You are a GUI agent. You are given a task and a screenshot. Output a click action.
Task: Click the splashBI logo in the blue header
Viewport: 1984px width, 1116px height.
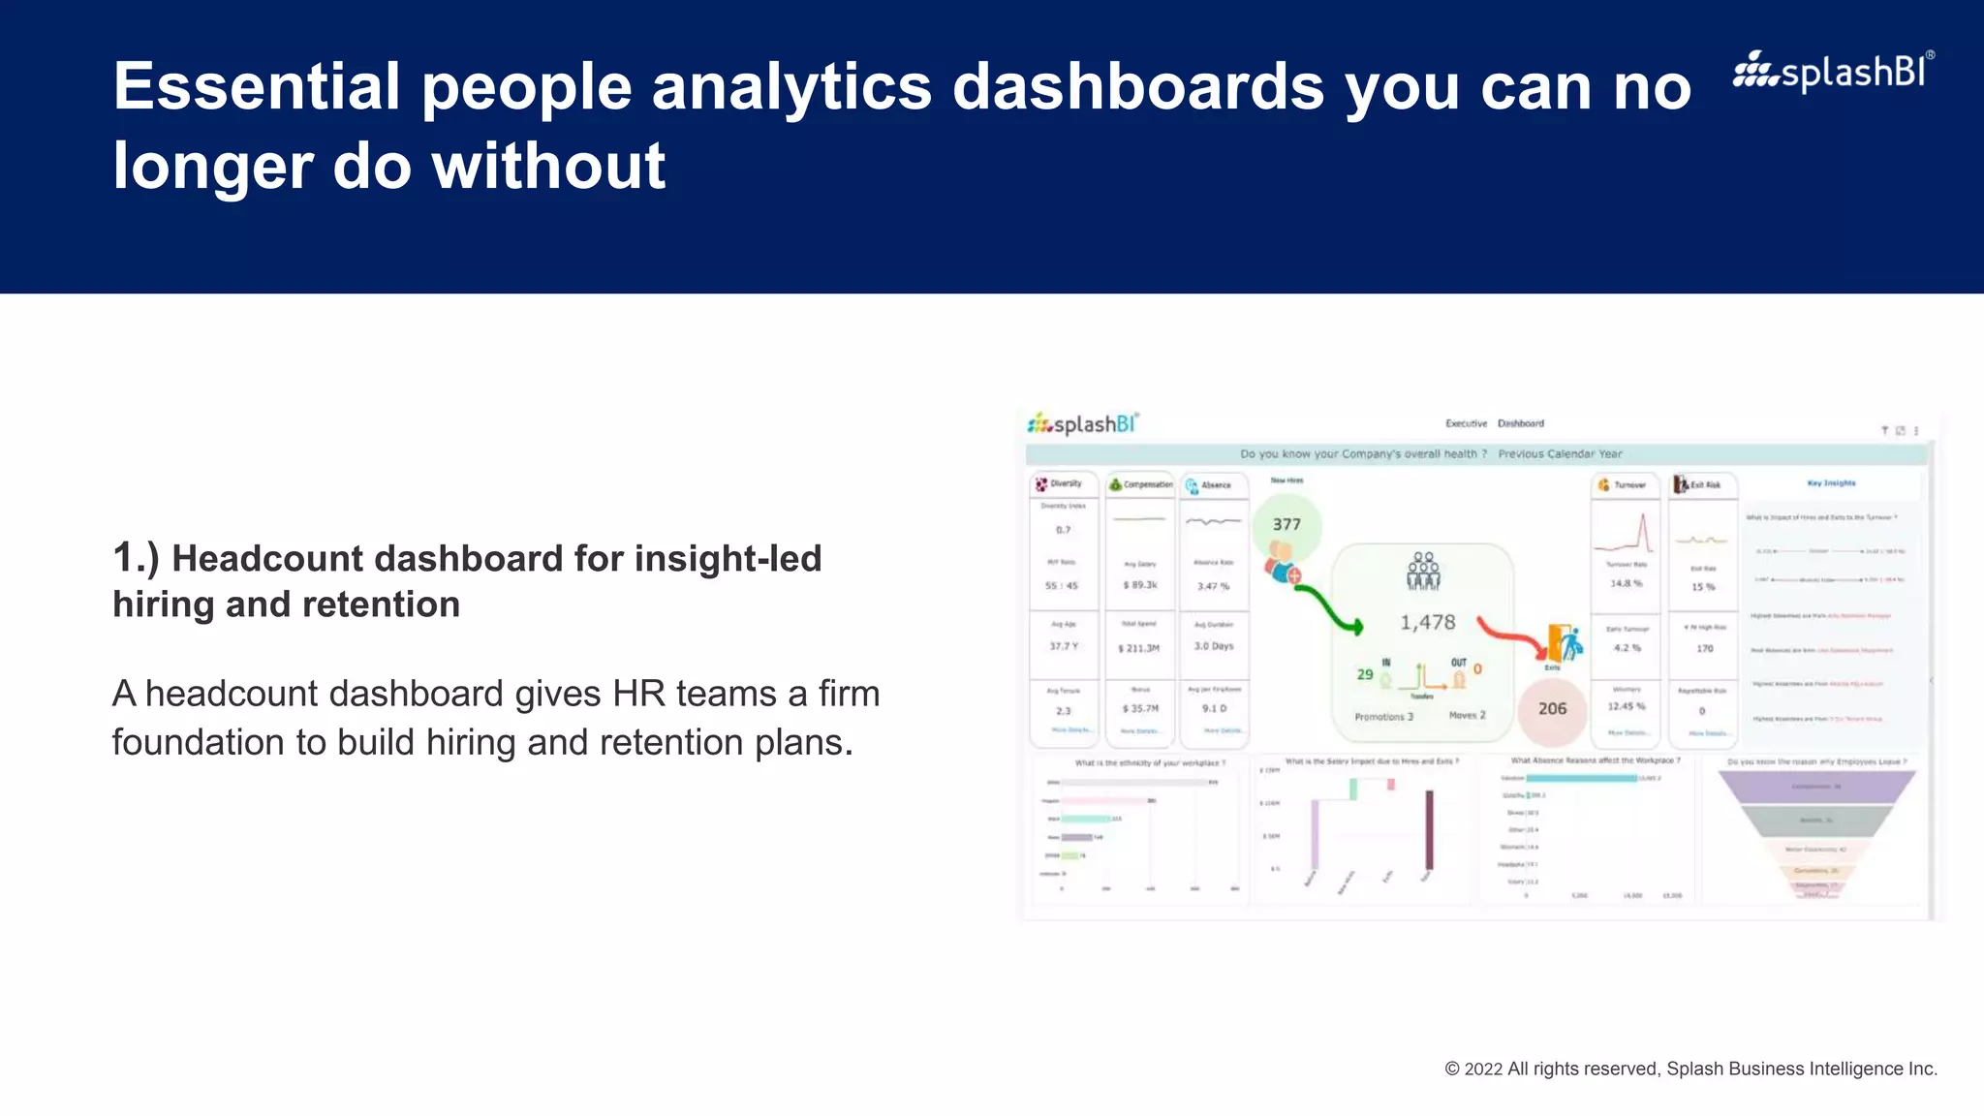(1833, 72)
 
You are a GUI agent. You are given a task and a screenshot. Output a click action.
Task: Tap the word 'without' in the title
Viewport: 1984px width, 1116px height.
(548, 166)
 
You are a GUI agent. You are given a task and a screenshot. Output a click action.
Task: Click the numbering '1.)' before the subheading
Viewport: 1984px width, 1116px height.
(136, 559)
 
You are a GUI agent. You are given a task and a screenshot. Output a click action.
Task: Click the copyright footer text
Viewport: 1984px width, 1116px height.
(1690, 1069)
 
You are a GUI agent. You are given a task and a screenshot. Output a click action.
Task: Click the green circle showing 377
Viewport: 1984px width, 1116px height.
(1286, 524)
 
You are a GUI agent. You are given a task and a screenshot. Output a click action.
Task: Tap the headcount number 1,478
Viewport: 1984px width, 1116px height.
(1427, 623)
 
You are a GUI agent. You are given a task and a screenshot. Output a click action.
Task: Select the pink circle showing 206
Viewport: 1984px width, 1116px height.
(1552, 709)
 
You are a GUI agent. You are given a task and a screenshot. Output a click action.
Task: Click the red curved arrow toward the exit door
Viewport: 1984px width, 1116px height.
(1511, 637)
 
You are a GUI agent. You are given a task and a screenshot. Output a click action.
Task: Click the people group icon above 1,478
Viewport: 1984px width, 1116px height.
(1423, 572)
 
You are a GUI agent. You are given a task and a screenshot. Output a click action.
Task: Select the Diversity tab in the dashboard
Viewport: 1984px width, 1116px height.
(1063, 484)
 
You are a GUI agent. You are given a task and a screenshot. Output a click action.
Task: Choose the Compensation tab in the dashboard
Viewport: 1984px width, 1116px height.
(1140, 484)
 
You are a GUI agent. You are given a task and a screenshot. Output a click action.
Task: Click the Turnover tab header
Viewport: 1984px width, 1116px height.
(1624, 484)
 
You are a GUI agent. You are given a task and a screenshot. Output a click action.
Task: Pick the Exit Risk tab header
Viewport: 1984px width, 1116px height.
(1701, 484)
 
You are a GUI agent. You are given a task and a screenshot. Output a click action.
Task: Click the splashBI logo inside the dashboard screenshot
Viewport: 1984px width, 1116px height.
(1083, 424)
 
